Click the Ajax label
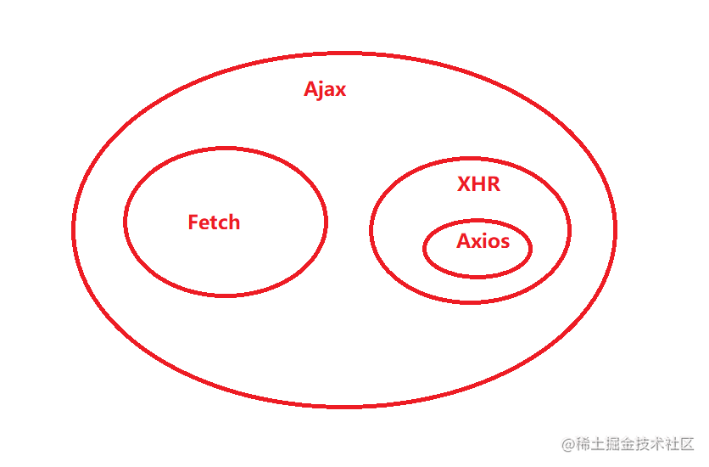point(325,90)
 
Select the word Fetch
point(214,222)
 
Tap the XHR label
point(478,184)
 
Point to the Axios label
point(483,241)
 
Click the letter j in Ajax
point(322,92)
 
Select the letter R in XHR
point(493,184)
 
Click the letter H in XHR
point(478,184)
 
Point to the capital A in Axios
point(463,241)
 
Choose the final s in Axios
point(505,242)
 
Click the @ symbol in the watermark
point(568,444)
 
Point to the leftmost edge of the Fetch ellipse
point(125,222)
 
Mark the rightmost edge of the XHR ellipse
point(570,229)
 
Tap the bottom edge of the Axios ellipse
point(477,277)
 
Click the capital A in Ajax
point(311,90)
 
